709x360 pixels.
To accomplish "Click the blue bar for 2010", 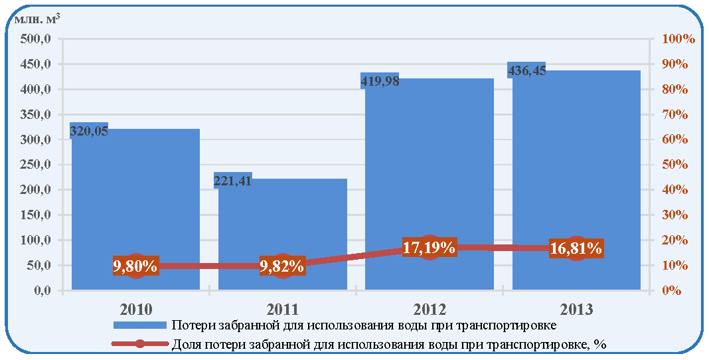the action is point(135,209).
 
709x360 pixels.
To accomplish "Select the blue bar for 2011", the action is point(283,234).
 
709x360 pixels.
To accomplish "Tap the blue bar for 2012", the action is point(430,183).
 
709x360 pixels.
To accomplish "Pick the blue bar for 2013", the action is point(576,179).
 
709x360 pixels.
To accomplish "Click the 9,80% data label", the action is point(135,266).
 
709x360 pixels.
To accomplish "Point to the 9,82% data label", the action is point(282,266).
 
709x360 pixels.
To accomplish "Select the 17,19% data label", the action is point(429,248).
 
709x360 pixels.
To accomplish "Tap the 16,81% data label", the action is point(576,248).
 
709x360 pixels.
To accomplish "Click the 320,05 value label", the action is point(89,131).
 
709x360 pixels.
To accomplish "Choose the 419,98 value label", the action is point(380,82).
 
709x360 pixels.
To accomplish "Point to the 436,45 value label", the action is point(527,71).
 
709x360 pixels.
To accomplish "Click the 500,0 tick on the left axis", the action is point(35,39).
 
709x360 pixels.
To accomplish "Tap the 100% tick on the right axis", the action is point(678,39).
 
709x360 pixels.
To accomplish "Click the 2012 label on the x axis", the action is point(429,310).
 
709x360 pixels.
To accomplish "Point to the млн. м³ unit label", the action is point(37,19).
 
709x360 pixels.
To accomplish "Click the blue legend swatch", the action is point(140,325).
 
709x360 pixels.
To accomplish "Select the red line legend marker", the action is point(140,343).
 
